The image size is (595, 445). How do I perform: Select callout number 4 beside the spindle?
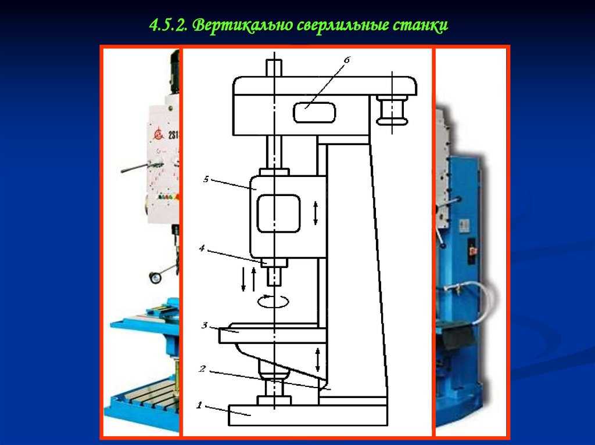point(202,248)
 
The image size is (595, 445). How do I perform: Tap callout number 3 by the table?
point(205,325)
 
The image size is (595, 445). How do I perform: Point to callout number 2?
point(202,368)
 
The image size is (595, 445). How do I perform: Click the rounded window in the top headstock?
point(314,112)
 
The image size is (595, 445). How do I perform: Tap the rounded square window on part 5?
point(279,212)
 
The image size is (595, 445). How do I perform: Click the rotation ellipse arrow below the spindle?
point(273,301)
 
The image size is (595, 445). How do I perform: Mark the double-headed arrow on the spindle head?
point(316,214)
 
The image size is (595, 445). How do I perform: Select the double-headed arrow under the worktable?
point(318,360)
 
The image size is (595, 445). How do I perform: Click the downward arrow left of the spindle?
point(243,280)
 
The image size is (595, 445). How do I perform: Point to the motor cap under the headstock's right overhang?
point(392,110)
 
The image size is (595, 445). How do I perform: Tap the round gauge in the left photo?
point(156,277)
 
